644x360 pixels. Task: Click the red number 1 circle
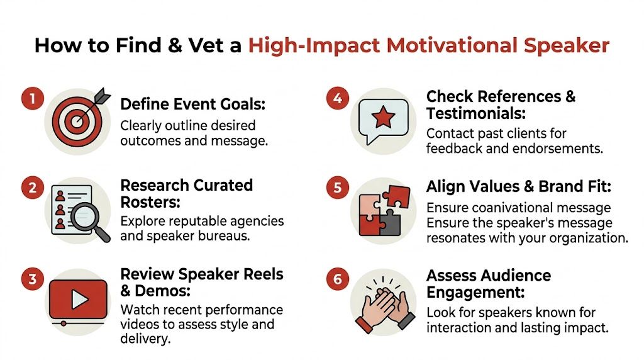click(30, 99)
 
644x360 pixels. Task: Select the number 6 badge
click(337, 278)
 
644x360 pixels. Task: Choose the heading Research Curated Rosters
click(186, 194)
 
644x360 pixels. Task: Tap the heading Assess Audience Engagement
click(488, 284)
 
